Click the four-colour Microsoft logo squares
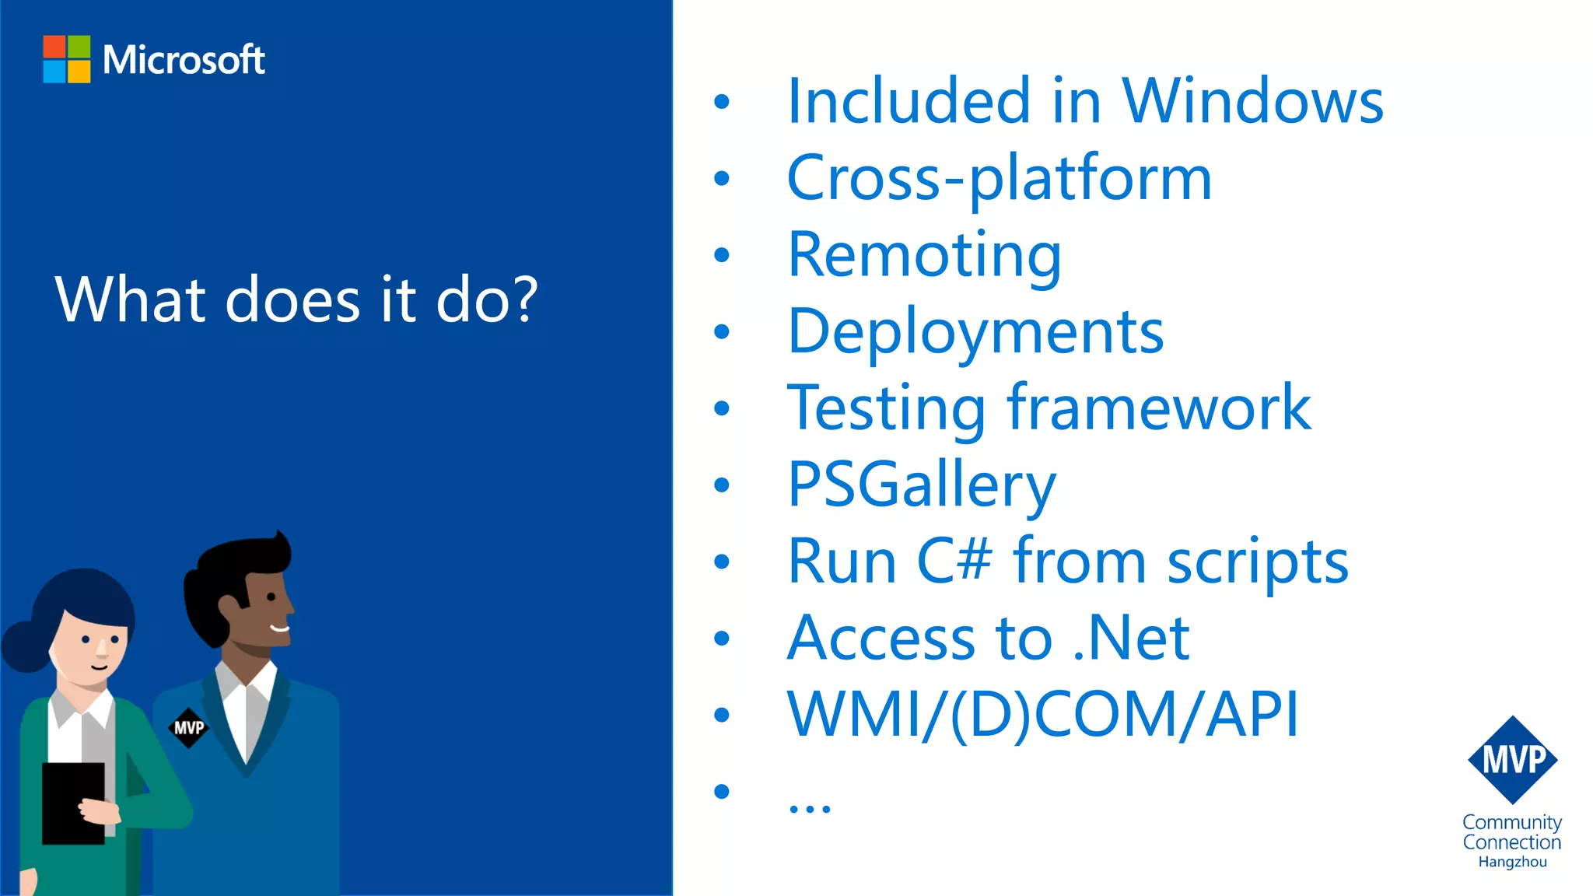(67, 59)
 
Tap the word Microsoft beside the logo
(184, 60)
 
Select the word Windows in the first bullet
(1252, 101)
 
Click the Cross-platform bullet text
(999, 178)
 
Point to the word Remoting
(924, 255)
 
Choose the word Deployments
(975, 331)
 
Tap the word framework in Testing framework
(1159, 408)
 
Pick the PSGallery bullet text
(922, 485)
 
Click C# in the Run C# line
(954, 561)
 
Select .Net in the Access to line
(1131, 638)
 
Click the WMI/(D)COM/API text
(1042, 714)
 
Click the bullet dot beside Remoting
(722, 255)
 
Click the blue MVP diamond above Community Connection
(1512, 760)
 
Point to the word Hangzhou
(1512, 862)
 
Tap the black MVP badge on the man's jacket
(188, 728)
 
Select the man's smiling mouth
(280, 628)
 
